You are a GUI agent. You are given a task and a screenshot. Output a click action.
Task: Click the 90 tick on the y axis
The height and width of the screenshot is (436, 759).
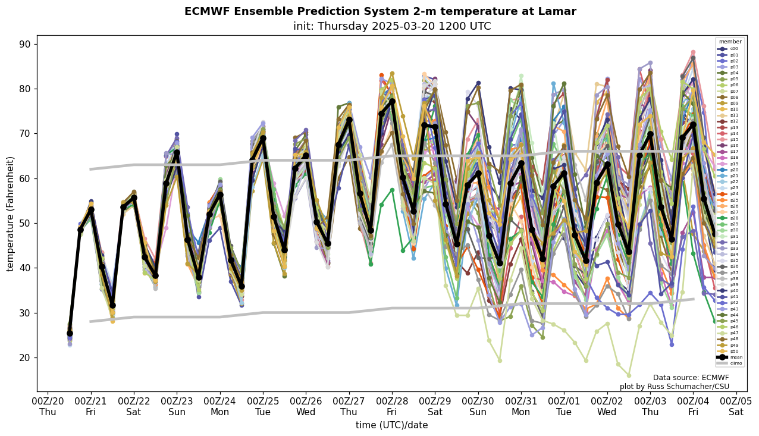pyautogui.click(x=25, y=44)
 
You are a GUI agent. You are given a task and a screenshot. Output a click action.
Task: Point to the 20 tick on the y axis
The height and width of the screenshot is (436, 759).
pyautogui.click(x=25, y=357)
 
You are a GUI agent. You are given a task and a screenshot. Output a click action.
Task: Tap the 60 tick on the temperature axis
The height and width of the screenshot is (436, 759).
pyautogui.click(x=25, y=178)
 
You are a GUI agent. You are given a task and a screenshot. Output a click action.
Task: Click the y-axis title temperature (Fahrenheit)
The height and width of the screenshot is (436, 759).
pyautogui.click(x=11, y=214)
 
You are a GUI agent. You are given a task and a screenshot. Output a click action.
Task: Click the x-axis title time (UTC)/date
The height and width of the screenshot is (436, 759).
pyautogui.click(x=391, y=425)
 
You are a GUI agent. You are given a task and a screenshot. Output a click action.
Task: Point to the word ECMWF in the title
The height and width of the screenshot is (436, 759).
pyautogui.click(x=206, y=12)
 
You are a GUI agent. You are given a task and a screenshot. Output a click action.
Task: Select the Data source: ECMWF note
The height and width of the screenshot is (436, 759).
pyautogui.click(x=691, y=378)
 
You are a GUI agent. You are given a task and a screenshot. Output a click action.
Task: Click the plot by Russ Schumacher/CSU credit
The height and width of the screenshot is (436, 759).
pyautogui.click(x=674, y=387)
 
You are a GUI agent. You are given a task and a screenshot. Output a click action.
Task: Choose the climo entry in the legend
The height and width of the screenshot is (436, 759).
pyautogui.click(x=736, y=363)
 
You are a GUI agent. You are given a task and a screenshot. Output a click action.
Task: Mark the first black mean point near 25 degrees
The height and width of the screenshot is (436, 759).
pyautogui.click(x=70, y=334)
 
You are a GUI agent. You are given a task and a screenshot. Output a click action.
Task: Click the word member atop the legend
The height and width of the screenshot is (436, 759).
pyautogui.click(x=730, y=42)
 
